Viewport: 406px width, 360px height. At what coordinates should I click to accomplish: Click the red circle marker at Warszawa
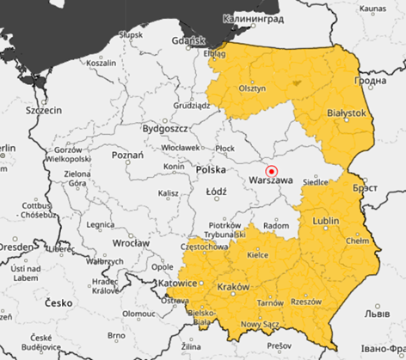272,170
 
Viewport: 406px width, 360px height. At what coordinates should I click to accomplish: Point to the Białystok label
347,113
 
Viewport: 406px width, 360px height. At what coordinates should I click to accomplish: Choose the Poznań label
127,156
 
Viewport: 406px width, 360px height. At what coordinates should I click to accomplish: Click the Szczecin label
44,110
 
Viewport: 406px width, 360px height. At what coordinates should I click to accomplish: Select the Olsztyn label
252,88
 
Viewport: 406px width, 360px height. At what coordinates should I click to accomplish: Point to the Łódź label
216,192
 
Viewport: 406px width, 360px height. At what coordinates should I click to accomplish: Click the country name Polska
210,170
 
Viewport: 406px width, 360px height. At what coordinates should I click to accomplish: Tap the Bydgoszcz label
166,128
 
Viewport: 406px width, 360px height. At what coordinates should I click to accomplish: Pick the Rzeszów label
306,302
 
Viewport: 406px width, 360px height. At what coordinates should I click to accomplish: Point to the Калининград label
254,17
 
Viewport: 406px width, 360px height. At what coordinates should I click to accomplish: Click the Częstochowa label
205,246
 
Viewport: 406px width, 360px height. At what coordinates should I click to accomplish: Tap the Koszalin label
101,62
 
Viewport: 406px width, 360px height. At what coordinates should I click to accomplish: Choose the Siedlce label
317,181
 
